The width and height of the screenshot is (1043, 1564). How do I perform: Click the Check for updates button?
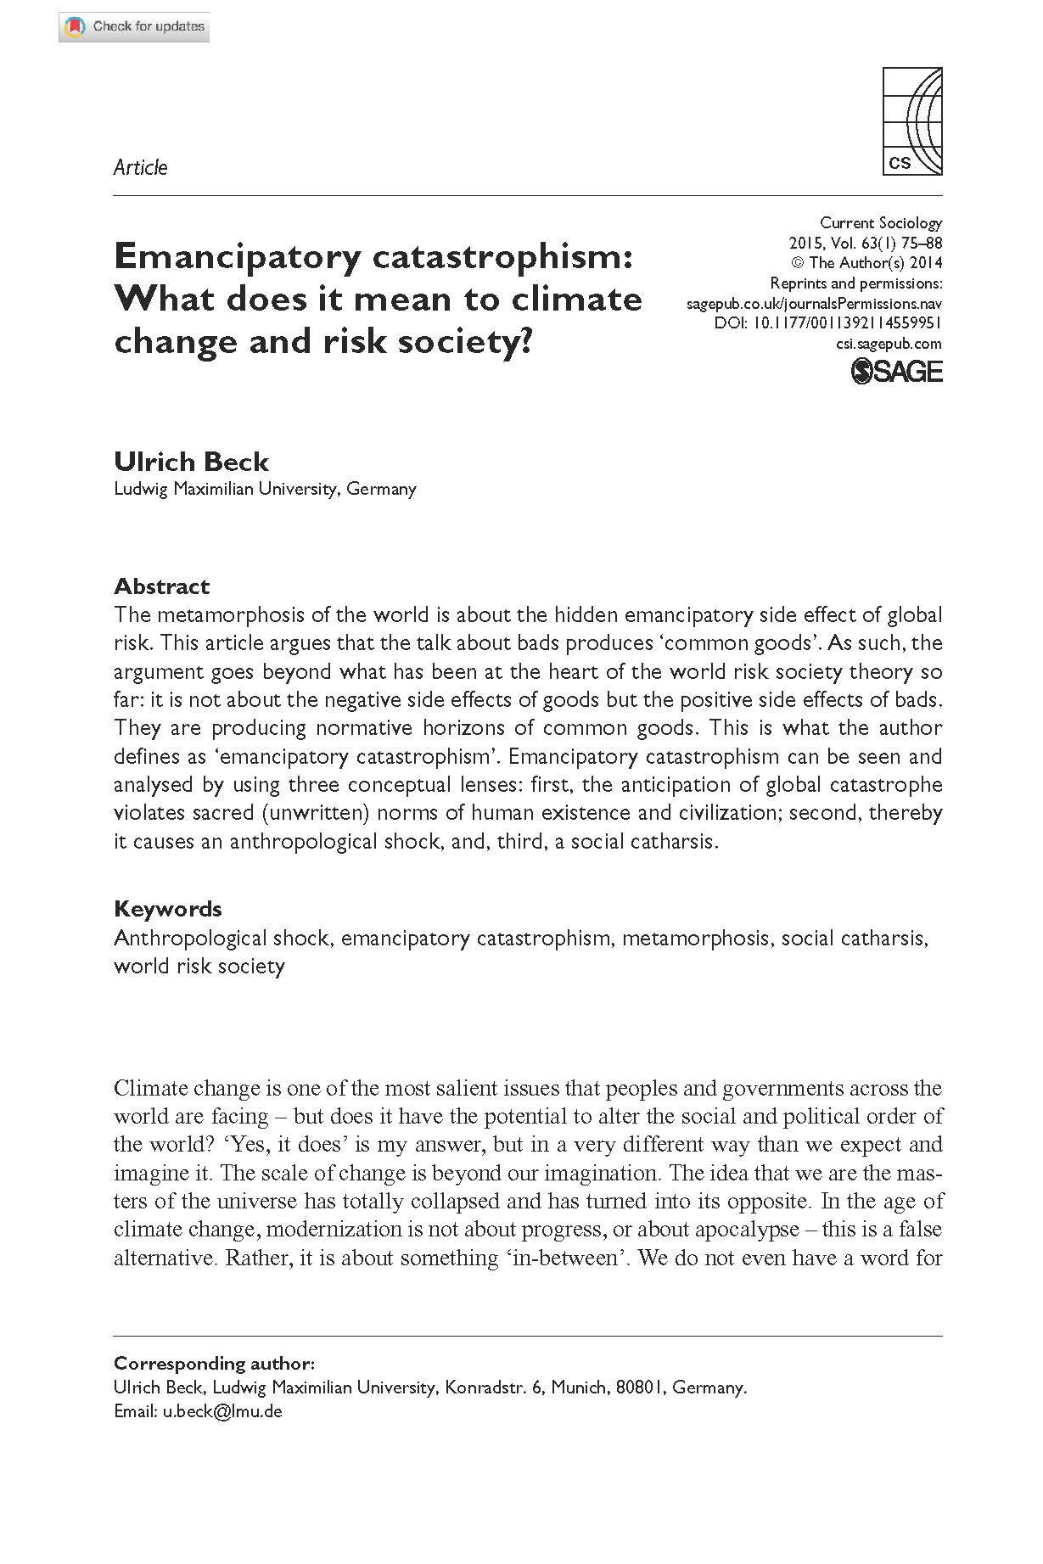[134, 27]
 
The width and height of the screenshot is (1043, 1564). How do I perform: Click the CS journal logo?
[912, 121]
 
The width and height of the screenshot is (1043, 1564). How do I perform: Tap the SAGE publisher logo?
[896, 372]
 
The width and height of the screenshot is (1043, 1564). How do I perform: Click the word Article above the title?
[140, 167]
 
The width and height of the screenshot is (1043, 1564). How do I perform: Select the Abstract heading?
[161, 586]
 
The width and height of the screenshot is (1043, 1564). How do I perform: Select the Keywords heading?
[167, 909]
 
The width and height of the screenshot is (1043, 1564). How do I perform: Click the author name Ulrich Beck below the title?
[191, 462]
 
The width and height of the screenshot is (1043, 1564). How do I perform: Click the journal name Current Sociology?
[880, 223]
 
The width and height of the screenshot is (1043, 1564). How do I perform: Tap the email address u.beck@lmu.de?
[222, 1411]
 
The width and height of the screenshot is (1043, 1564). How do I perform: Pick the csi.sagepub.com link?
[889, 344]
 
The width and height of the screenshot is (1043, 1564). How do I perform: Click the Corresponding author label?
[214, 1364]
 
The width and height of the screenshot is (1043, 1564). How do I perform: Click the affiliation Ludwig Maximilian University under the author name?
[227, 489]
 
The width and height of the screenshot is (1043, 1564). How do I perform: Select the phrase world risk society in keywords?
[199, 967]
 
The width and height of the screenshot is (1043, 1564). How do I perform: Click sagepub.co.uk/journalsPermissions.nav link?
[814, 303]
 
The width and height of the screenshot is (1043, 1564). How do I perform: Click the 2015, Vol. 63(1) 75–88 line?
[865, 244]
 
